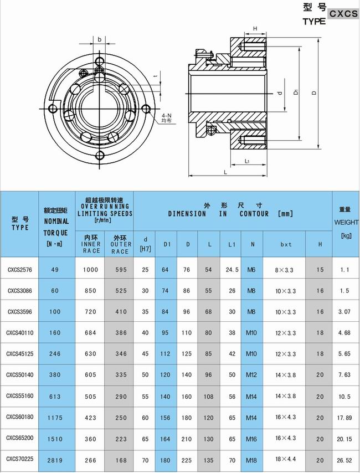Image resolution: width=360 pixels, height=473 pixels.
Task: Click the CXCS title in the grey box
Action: coord(343,14)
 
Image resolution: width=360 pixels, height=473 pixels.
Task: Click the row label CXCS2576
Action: coord(19,270)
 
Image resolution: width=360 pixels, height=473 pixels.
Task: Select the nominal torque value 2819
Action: coord(54,459)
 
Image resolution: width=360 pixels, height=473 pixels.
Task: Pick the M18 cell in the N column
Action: coord(252,459)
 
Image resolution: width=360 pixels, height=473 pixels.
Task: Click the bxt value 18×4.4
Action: coord(286,459)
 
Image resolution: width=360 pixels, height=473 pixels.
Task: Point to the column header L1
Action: coord(231,244)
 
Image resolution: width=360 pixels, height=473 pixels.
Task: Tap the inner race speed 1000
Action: coord(90,270)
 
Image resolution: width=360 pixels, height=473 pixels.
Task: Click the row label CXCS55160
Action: coord(20,396)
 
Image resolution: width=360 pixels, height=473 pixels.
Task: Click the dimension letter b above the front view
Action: coord(99,40)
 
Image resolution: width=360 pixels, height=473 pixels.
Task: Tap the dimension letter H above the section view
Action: coord(255,28)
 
